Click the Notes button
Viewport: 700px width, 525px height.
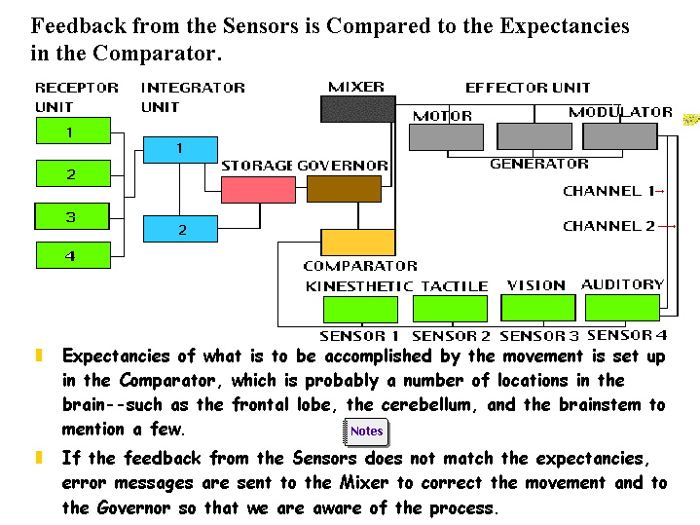tap(366, 431)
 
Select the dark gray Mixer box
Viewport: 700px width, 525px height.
tap(357, 108)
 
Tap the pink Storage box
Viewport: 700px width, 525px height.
tap(258, 189)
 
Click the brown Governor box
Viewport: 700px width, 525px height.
tap(344, 189)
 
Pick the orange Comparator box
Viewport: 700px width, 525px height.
tap(357, 242)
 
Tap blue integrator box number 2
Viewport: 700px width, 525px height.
tap(180, 229)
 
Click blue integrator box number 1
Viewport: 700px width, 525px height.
tap(180, 149)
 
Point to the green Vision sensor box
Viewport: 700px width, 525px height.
tap(537, 308)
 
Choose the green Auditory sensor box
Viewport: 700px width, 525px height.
tap(622, 308)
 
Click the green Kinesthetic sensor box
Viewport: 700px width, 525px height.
tap(360, 310)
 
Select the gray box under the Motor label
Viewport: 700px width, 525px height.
tap(446, 137)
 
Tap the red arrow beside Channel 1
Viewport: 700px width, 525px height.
tap(660, 192)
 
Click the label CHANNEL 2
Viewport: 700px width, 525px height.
tap(608, 226)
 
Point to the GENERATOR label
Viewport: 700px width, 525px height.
tap(538, 164)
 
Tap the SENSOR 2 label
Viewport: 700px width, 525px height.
tap(451, 336)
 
